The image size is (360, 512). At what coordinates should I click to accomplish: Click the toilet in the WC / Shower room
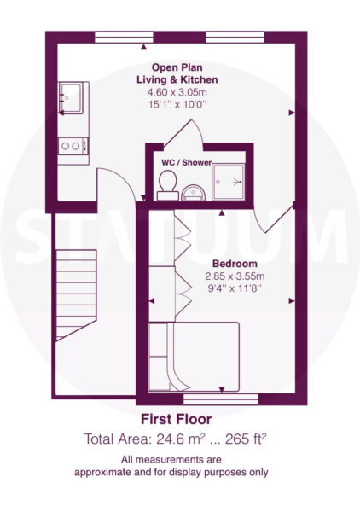click(168, 185)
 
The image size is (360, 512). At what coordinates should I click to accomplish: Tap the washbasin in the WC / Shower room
click(193, 193)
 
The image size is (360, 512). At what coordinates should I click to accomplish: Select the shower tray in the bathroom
click(228, 183)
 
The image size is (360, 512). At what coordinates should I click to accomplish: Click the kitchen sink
click(70, 98)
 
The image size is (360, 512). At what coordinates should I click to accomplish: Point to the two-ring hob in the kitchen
click(73, 146)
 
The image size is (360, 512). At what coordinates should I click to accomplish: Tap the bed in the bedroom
click(194, 357)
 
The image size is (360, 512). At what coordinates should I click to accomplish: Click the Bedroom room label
click(235, 264)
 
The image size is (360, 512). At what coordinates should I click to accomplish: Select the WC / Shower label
click(186, 162)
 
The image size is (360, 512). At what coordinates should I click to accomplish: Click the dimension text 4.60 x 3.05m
click(177, 92)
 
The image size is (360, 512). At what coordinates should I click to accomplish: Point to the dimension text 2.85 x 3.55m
click(235, 276)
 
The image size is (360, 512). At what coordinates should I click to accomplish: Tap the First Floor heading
click(177, 419)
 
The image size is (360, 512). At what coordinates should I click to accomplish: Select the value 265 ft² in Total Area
click(246, 439)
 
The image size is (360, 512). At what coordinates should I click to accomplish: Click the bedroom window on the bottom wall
click(221, 399)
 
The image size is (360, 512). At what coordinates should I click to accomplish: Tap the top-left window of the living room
click(124, 37)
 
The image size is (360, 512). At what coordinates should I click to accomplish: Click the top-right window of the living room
click(235, 37)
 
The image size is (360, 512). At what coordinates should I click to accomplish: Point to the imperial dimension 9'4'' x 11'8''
click(235, 288)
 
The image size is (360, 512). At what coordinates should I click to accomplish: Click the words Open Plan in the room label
click(177, 68)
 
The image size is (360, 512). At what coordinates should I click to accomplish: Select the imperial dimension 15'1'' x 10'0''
click(178, 104)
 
